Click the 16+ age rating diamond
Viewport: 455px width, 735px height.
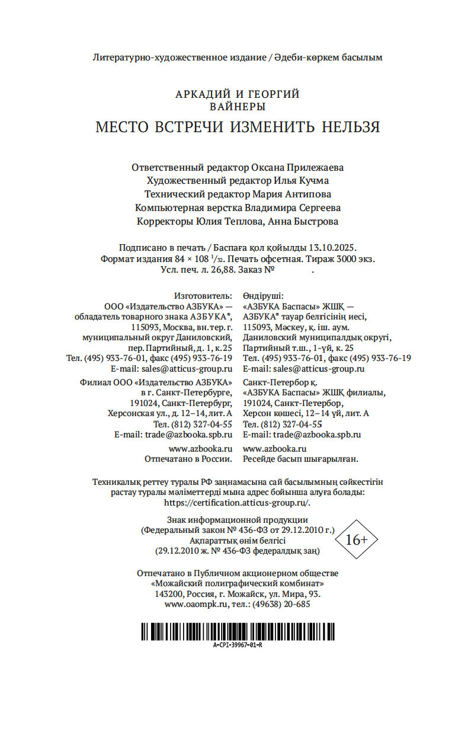(x=357, y=539)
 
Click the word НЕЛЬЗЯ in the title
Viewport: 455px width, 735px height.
(x=351, y=127)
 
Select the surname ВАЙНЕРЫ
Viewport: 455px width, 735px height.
(x=238, y=107)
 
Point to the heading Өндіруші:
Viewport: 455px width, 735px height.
(x=263, y=295)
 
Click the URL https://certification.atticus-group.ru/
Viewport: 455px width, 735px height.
(x=237, y=502)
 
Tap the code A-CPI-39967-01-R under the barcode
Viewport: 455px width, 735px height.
(x=237, y=644)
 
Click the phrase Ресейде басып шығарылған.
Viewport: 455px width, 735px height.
(x=301, y=459)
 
